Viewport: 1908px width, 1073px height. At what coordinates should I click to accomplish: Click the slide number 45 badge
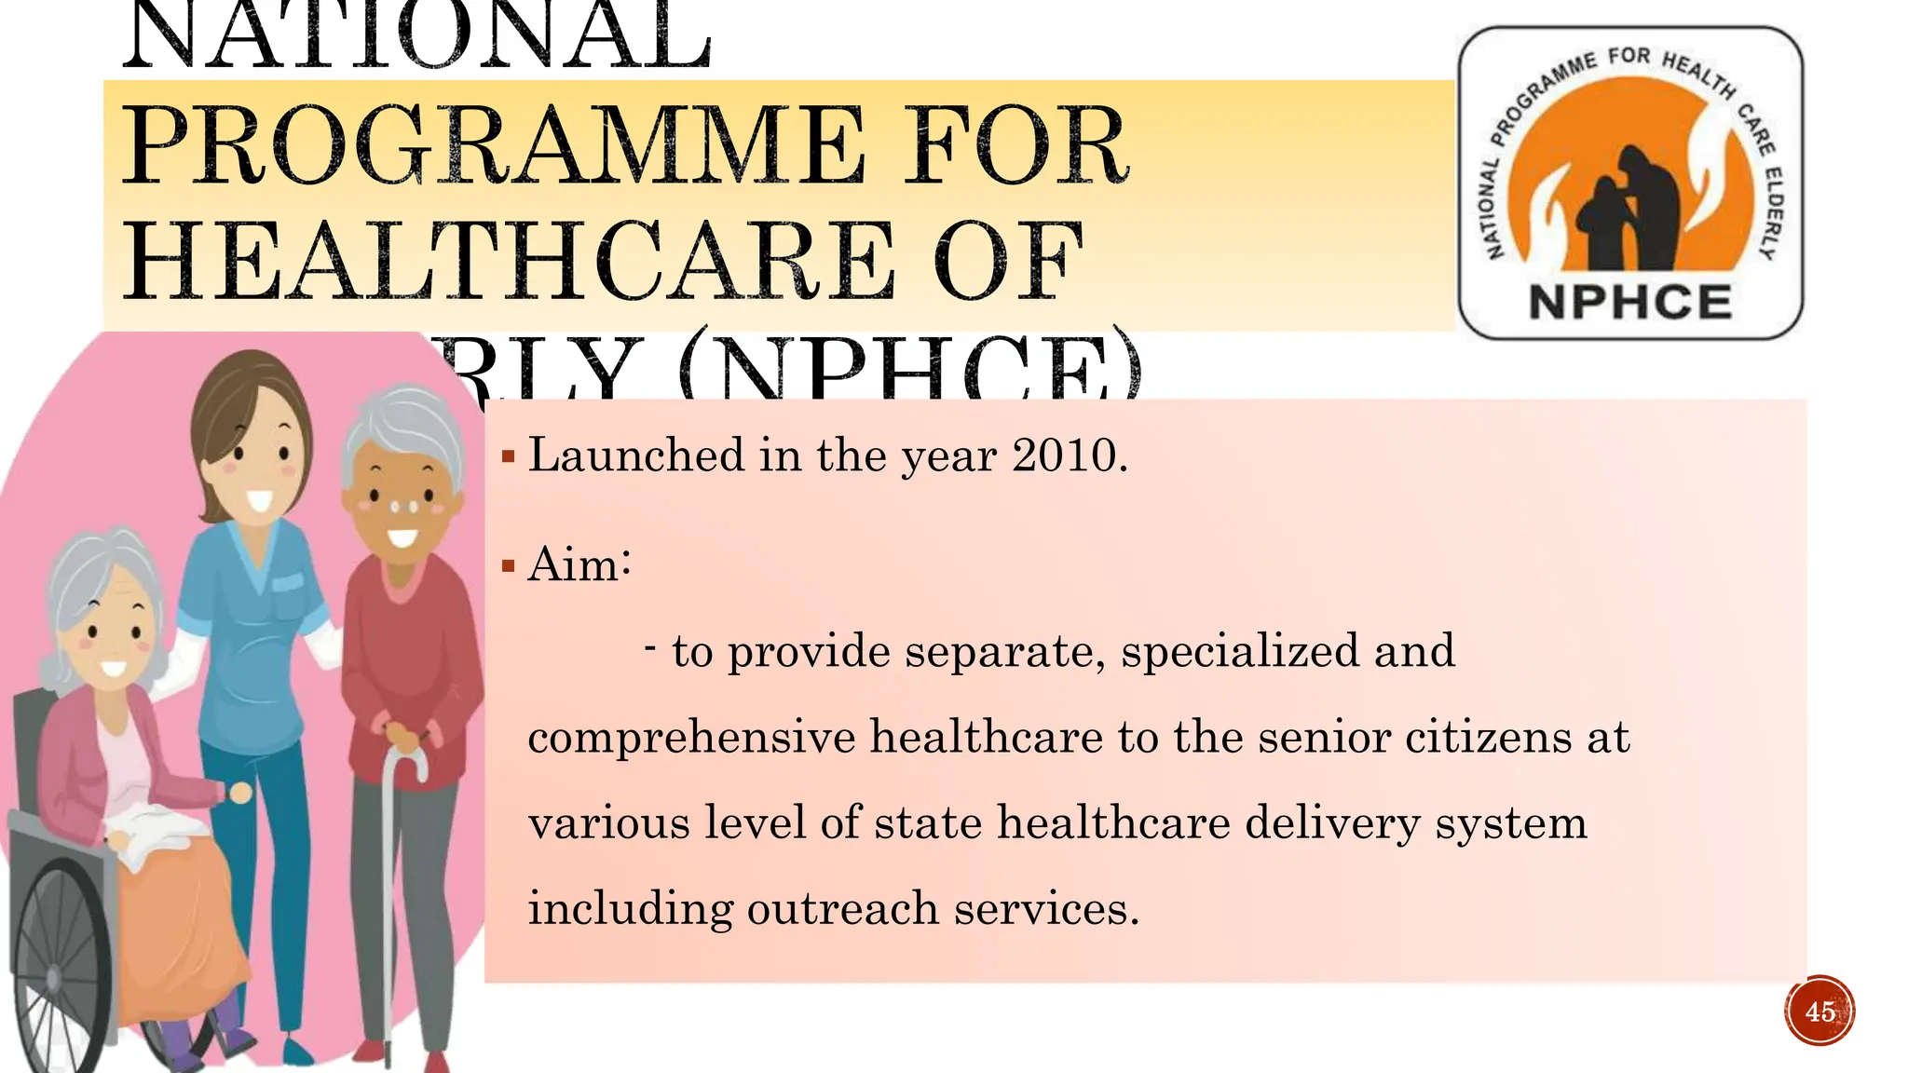1819,1012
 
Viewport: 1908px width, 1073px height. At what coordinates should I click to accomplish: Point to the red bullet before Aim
508,565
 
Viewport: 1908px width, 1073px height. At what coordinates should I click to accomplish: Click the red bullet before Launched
508,456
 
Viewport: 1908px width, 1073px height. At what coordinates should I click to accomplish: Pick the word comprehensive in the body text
690,738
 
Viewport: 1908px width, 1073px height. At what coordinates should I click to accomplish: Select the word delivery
1332,823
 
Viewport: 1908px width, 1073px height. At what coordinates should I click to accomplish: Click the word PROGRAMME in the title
494,147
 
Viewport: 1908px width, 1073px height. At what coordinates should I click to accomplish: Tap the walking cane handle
410,745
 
